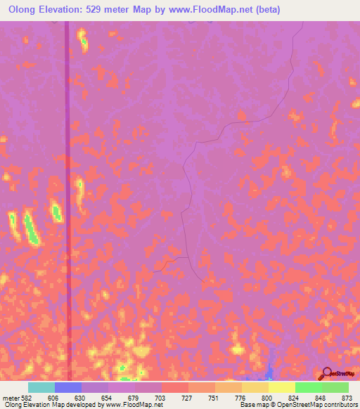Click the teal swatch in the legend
pos(41,387)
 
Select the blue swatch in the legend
pos(67,387)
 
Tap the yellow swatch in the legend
pos(282,387)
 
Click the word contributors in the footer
pos(337,405)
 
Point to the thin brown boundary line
pos(184,211)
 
